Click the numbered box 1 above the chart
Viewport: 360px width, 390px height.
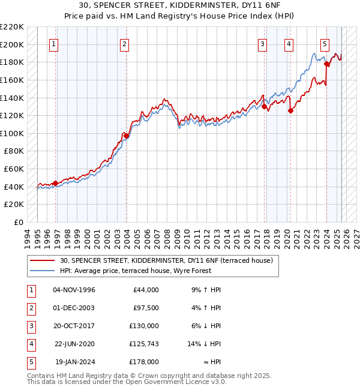point(54,43)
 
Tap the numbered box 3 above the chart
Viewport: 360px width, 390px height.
point(263,43)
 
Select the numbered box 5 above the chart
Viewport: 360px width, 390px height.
point(325,43)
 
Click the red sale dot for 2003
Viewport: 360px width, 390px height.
point(127,136)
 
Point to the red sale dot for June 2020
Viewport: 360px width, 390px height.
point(290,110)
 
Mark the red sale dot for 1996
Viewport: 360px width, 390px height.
point(55,183)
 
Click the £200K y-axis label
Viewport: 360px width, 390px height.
point(13,44)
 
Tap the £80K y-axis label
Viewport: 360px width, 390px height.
point(14,151)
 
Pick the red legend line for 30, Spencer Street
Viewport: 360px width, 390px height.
point(42,261)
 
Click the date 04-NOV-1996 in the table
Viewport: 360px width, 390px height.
point(74,290)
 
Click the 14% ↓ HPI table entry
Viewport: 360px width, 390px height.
point(205,344)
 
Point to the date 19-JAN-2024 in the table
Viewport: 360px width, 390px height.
point(74,362)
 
